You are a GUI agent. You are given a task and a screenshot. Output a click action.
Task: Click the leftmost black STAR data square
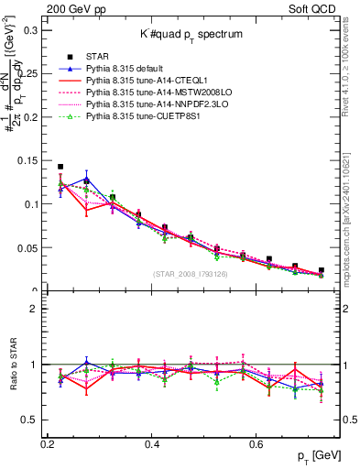tap(60, 168)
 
